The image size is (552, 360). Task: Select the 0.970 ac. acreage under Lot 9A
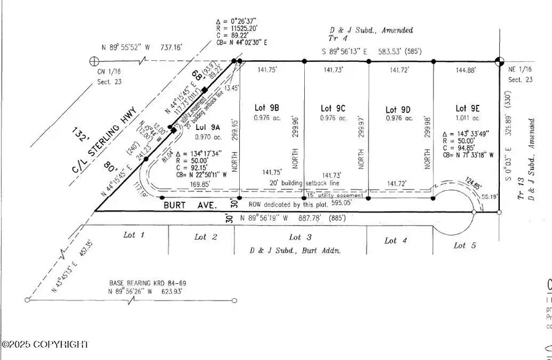pos(209,138)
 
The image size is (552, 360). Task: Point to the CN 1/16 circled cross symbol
pos(94,61)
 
